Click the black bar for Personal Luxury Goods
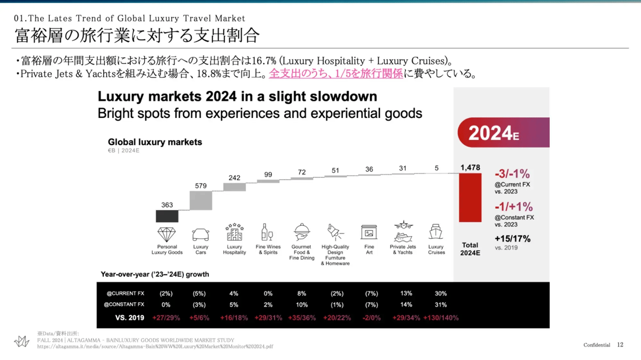(167, 216)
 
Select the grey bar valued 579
(201, 200)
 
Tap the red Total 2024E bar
(470, 198)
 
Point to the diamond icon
(167, 234)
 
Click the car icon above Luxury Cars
(201, 234)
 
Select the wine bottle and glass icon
(267, 232)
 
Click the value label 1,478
(470, 168)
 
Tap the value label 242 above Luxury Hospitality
(234, 178)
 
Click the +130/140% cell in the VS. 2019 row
(441, 318)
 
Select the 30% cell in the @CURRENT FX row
(441, 293)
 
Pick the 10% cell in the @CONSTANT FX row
(301, 305)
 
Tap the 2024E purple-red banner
(502, 132)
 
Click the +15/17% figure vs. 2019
(512, 239)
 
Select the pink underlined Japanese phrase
(335, 74)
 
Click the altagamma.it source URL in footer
(155, 346)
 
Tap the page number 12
(620, 345)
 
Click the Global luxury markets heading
(155, 142)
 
